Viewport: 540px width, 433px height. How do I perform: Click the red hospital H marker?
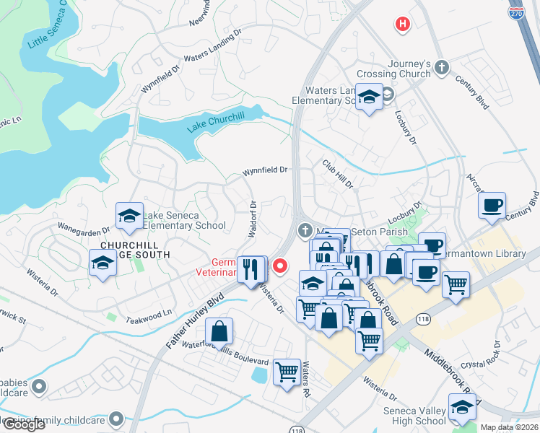click(403, 25)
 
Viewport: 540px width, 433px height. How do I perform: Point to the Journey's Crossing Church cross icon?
click(442, 69)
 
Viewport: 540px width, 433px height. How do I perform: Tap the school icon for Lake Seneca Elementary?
click(129, 216)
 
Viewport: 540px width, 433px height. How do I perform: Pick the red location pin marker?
click(278, 266)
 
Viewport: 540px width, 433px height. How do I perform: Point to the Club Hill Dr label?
click(337, 175)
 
